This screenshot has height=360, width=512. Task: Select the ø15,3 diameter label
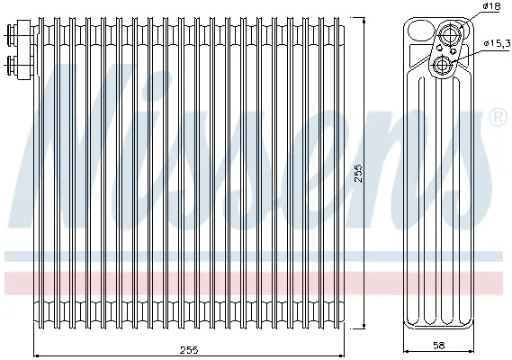coord(497,43)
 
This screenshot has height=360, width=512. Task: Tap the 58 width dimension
coord(438,345)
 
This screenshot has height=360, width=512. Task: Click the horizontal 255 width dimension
coord(189,350)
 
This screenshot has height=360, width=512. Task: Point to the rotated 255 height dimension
coord(358,173)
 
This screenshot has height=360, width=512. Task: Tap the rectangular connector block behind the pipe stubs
coord(24,49)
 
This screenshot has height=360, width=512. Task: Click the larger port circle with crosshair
coord(450,33)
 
